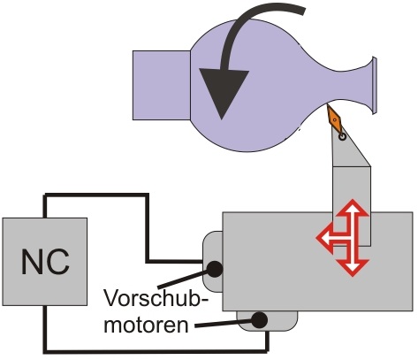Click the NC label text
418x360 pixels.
point(45,262)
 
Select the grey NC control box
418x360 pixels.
point(45,262)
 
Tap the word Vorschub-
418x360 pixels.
point(156,298)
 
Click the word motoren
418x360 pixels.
point(146,325)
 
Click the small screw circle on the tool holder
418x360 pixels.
point(342,137)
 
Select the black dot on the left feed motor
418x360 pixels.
point(215,269)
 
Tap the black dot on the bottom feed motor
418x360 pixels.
point(259,320)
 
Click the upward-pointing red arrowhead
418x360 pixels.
point(353,209)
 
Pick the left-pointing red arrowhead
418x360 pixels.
point(325,237)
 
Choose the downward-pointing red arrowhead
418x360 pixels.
point(353,267)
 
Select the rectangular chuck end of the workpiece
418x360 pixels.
point(162,85)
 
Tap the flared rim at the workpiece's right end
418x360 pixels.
point(374,86)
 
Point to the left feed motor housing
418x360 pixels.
point(212,262)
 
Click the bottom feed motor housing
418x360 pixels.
point(267,321)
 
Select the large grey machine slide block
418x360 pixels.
point(317,261)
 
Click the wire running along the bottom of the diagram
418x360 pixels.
point(156,351)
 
